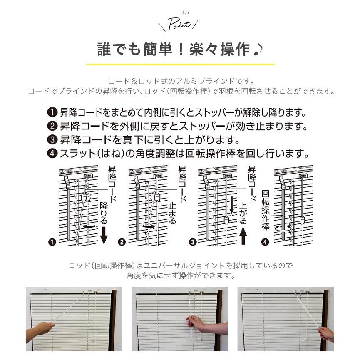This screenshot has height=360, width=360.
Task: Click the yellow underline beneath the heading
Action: (x=180, y=65)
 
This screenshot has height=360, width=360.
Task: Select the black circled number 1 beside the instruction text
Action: (x=52, y=113)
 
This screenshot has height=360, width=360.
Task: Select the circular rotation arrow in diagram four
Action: (x=283, y=228)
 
